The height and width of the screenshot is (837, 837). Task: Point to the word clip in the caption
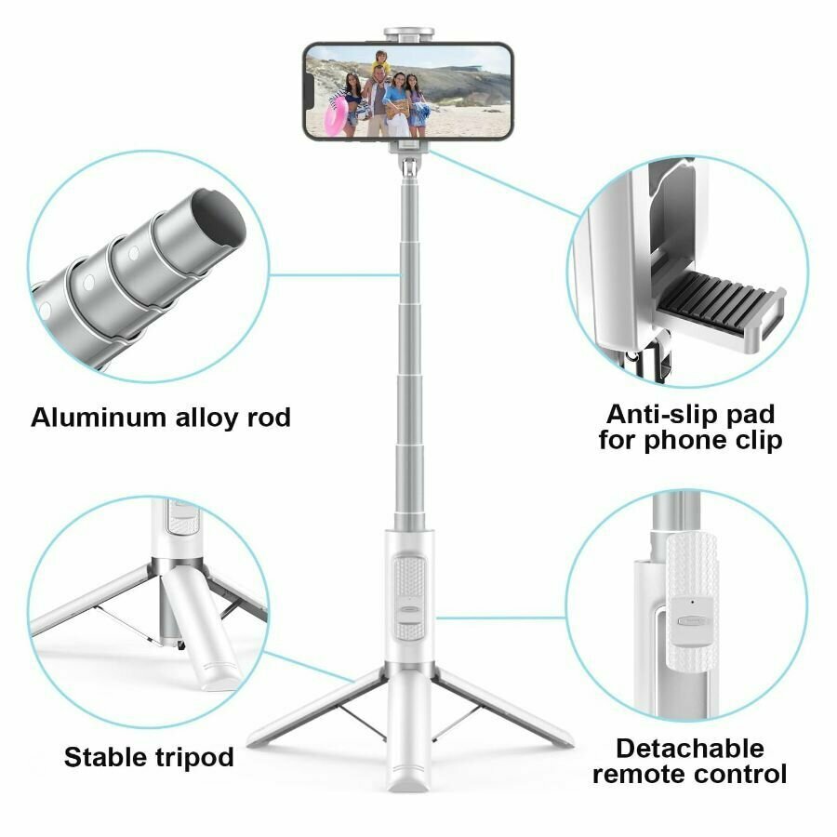(x=753, y=440)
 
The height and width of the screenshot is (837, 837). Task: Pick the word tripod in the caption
(x=193, y=758)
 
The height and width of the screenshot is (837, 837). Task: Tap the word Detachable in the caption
(x=689, y=748)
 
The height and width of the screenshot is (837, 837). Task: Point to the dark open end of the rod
(x=215, y=218)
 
